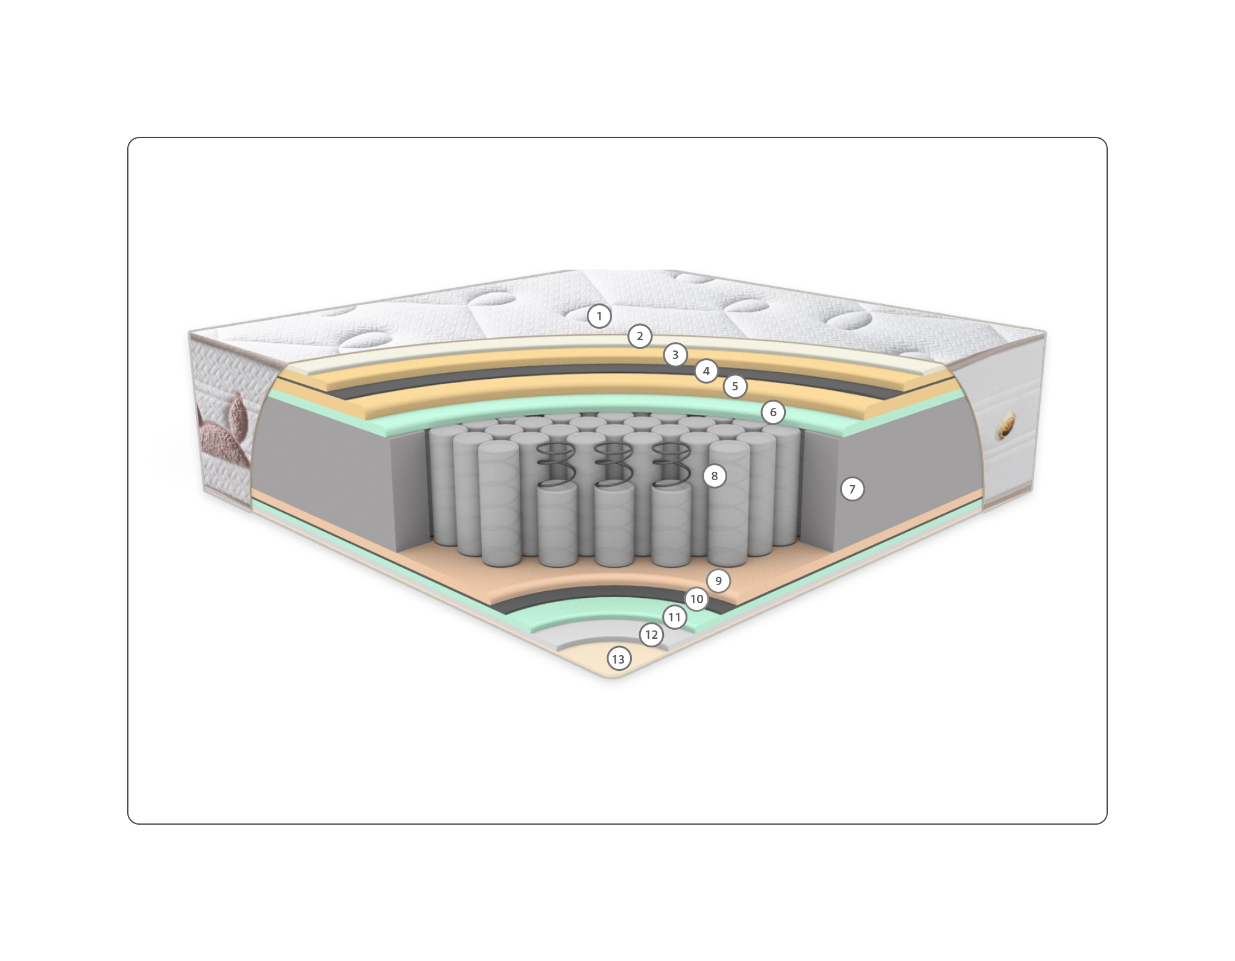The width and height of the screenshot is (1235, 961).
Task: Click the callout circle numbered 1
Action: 599,316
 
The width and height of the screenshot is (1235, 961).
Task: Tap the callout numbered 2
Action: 640,337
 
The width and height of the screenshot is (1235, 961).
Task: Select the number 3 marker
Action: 675,355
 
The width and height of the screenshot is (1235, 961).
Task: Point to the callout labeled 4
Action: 706,371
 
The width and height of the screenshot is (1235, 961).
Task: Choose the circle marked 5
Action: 734,386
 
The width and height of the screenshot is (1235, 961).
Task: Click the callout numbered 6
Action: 773,413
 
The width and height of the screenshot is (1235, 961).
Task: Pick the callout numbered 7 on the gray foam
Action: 852,489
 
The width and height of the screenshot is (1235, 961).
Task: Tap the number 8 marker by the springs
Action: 715,476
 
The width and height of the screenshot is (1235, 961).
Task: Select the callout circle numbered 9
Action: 718,581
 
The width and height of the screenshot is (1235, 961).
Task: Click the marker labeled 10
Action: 696,599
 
